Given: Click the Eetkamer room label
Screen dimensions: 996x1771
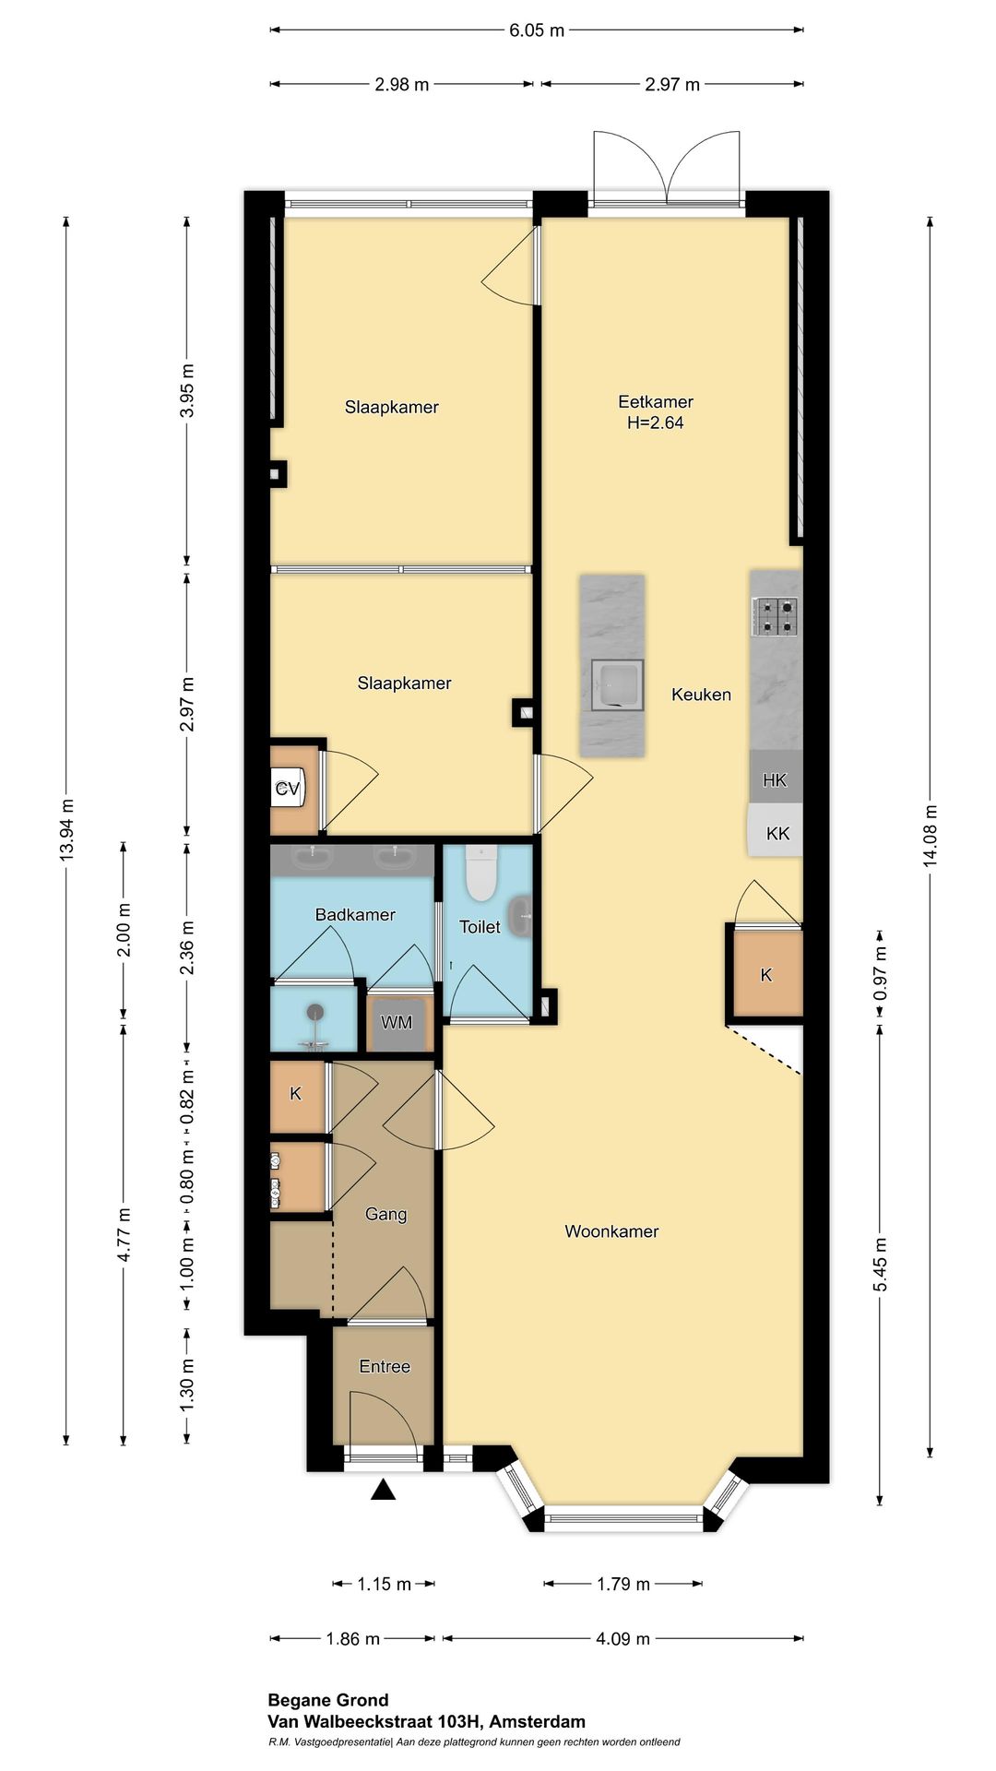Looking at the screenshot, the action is click(656, 402).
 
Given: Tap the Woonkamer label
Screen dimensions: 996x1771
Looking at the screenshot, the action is click(611, 1231).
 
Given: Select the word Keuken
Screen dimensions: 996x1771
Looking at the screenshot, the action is click(701, 695).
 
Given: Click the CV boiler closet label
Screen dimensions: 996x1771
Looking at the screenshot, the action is click(288, 789).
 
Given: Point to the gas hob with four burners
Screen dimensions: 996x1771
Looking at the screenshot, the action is click(775, 617).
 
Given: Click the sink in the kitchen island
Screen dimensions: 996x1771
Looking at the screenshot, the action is click(615, 685).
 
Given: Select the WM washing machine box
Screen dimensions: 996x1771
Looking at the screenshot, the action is click(397, 1023).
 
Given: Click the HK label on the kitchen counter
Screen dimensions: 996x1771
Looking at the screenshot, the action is click(775, 780).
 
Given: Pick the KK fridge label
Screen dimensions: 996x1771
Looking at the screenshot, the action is click(777, 834).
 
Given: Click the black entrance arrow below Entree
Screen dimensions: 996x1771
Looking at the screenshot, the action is click(383, 1489).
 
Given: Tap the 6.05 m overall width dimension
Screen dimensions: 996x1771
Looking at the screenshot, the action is click(537, 30).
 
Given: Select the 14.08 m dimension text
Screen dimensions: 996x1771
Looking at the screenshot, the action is click(931, 835).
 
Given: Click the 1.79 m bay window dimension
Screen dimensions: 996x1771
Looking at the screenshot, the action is click(623, 1584).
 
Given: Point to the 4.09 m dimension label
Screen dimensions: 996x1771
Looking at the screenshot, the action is click(623, 1638).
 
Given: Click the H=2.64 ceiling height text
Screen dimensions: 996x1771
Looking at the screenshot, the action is click(655, 423).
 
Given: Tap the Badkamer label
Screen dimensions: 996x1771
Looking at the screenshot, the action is click(355, 915).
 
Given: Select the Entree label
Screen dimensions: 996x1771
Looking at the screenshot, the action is click(385, 1366).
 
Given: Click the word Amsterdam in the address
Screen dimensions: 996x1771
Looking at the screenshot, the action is click(538, 1721).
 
